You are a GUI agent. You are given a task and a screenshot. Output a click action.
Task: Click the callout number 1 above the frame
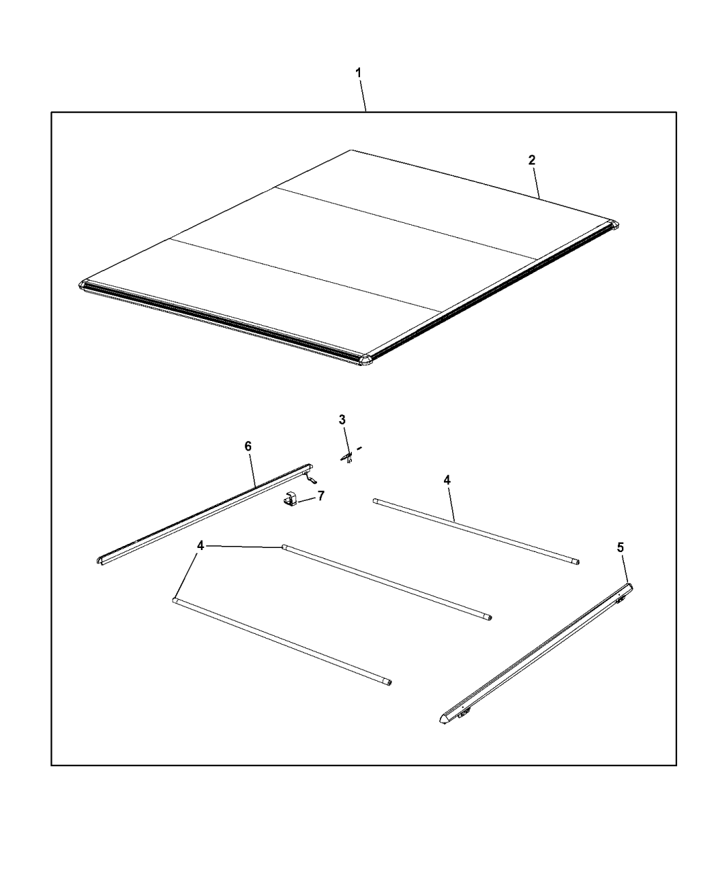pos(359,72)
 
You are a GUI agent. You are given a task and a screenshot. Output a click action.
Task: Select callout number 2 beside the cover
pos(531,160)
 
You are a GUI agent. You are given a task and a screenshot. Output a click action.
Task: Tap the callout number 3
pos(342,419)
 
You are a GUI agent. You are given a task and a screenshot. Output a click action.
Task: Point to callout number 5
pos(620,547)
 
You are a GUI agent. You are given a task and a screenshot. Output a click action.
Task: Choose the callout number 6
pos(248,446)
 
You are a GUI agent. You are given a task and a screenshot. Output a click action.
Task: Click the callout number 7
pos(320,496)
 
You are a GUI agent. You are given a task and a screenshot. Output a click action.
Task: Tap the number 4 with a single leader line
pos(447,481)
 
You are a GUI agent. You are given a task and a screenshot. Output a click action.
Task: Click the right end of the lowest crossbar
pos(387,682)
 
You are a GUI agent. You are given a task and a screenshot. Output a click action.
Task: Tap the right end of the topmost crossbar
pos(576,563)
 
